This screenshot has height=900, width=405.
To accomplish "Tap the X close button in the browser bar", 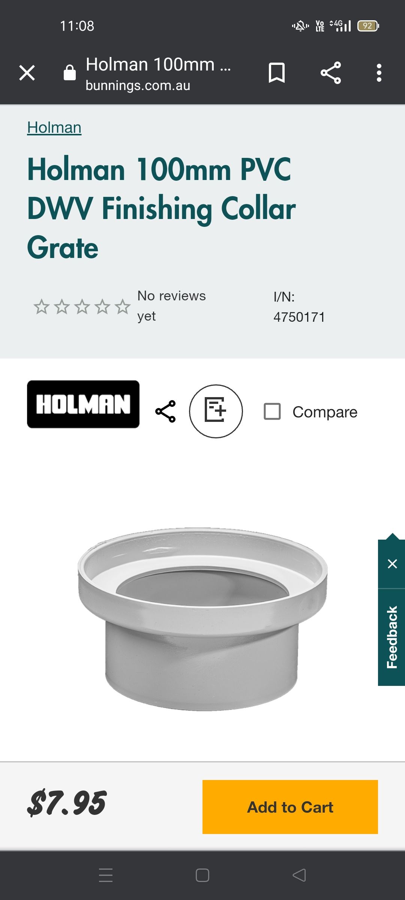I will point(27,73).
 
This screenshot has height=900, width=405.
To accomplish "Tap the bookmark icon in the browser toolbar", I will point(277,73).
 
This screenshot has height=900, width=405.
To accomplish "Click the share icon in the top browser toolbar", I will point(331,73).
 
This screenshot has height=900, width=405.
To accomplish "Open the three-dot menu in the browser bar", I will point(379,73).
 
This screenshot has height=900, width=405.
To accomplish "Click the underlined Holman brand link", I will point(54,127).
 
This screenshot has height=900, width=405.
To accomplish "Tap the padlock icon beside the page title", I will point(70,72).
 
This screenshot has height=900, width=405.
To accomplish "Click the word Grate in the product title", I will point(63,248).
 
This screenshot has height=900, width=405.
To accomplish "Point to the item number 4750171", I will point(299,317).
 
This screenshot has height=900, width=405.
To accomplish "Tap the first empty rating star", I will point(42,307).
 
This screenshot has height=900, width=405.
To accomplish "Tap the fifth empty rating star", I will point(123,307).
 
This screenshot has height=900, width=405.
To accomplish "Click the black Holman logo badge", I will point(83,404).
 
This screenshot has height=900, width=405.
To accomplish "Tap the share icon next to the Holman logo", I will point(165,411).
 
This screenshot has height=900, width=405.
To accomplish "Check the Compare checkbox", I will point(272,411).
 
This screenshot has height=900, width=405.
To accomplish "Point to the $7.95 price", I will point(67,803).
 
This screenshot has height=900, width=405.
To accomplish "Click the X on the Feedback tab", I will point(392,564).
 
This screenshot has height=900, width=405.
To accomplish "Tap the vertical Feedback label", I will point(392,637).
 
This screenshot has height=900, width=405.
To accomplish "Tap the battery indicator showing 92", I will point(368,26).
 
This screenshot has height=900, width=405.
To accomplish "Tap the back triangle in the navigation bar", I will point(299,875).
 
